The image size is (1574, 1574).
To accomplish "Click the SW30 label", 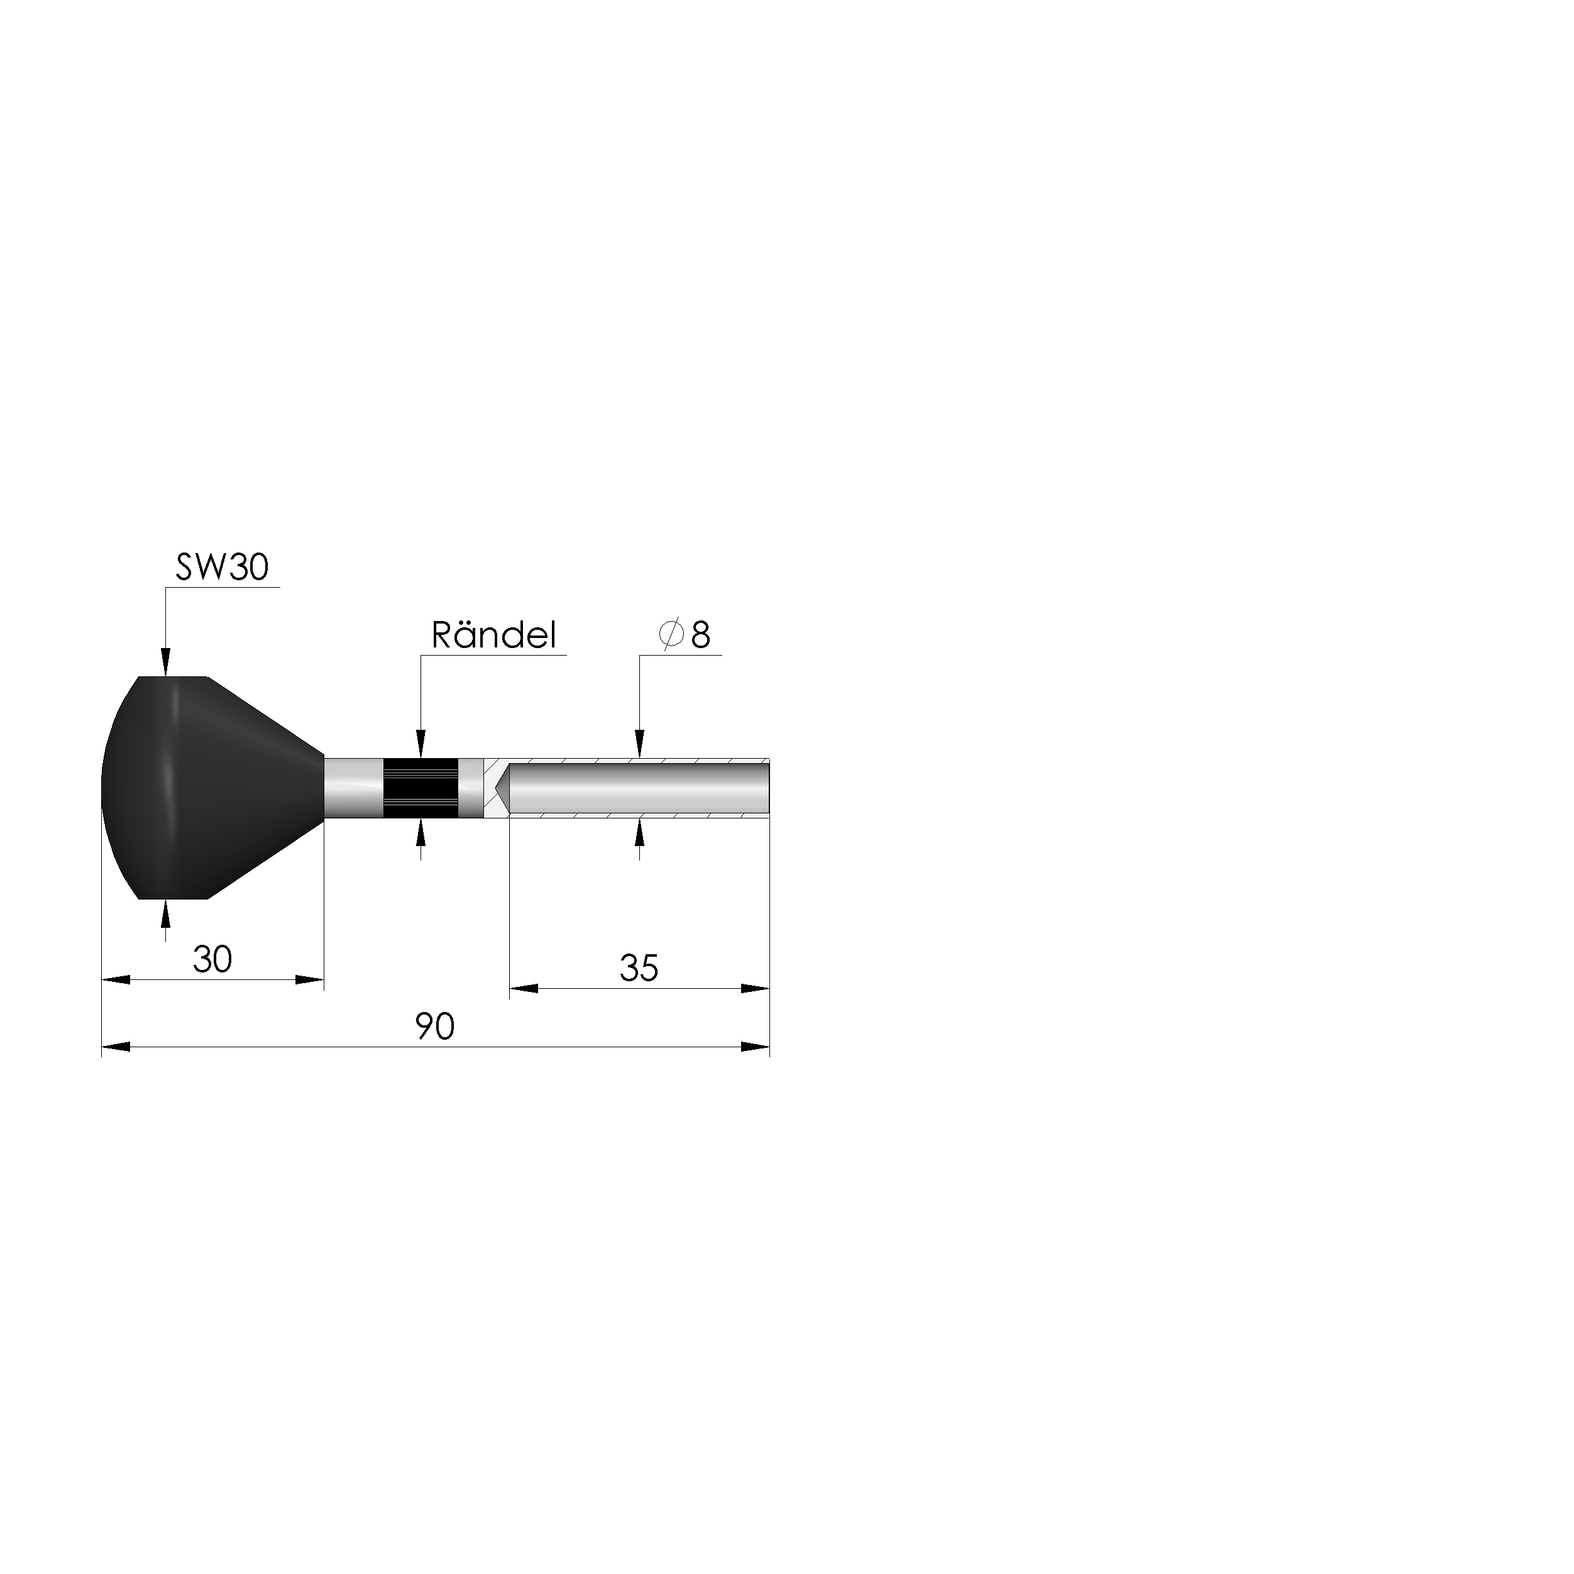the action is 222,567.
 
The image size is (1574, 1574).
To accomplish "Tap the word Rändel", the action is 493,636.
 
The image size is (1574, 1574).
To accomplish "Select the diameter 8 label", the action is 685,635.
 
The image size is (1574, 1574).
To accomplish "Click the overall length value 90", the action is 435,1026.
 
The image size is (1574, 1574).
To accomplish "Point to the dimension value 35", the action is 639,968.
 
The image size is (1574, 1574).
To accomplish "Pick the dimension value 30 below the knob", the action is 212,959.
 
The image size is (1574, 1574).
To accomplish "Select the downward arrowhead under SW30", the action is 165,663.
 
